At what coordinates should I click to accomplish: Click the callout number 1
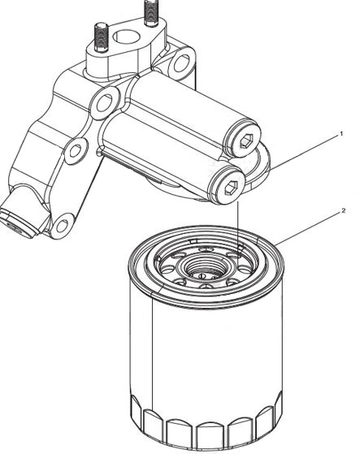[x=341, y=134]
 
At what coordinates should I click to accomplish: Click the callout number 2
[x=343, y=210]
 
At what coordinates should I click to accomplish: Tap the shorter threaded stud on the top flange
[x=101, y=37]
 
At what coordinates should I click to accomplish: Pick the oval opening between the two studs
[x=126, y=37]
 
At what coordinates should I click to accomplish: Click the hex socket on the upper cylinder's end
[x=246, y=141]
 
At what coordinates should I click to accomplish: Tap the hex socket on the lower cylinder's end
[x=231, y=188]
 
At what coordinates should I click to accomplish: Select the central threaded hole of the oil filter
[x=201, y=268]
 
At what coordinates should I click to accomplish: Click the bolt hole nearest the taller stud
[x=181, y=63]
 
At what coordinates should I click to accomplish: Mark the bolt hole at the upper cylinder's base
[x=105, y=103]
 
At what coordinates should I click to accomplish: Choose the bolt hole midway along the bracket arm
[x=75, y=151]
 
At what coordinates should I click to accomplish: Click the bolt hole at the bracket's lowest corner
[x=63, y=226]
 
